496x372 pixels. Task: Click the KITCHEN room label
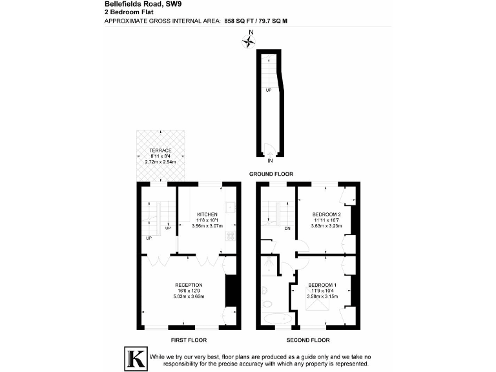pyautogui.click(x=207, y=214)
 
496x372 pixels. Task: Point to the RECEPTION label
pyautogui.click(x=189, y=285)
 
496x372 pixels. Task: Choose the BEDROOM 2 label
pyautogui.click(x=326, y=214)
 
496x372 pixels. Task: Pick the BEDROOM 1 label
pyautogui.click(x=322, y=285)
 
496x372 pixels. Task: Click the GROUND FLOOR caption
pyautogui.click(x=271, y=174)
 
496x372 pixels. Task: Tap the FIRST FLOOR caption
pyautogui.click(x=189, y=340)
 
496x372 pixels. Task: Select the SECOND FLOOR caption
pyautogui.click(x=307, y=340)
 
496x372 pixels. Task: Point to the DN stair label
pyautogui.click(x=287, y=228)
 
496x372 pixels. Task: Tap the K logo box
pyautogui.click(x=134, y=359)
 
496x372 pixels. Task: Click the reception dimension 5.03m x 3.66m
pyautogui.click(x=189, y=296)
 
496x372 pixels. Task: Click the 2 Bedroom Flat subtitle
pyautogui.click(x=124, y=12)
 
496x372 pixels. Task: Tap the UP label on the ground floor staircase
pyautogui.click(x=268, y=90)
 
